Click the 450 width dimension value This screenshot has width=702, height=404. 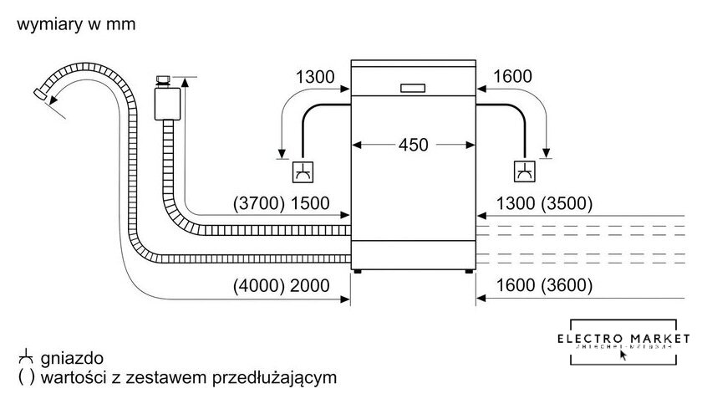pyautogui.click(x=413, y=145)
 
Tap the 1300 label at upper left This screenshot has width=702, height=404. pyautogui.click(x=315, y=77)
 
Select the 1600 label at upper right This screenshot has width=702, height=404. pyautogui.click(x=512, y=77)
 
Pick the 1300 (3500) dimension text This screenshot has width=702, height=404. pyautogui.click(x=543, y=203)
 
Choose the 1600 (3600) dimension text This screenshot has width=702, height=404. pyautogui.click(x=543, y=284)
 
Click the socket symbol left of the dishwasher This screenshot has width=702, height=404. pyautogui.click(x=302, y=171)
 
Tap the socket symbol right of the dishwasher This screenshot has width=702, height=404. pyautogui.click(x=524, y=171)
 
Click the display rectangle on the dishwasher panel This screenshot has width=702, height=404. pyautogui.click(x=414, y=88)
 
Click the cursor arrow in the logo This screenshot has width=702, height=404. pyautogui.click(x=623, y=354)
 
